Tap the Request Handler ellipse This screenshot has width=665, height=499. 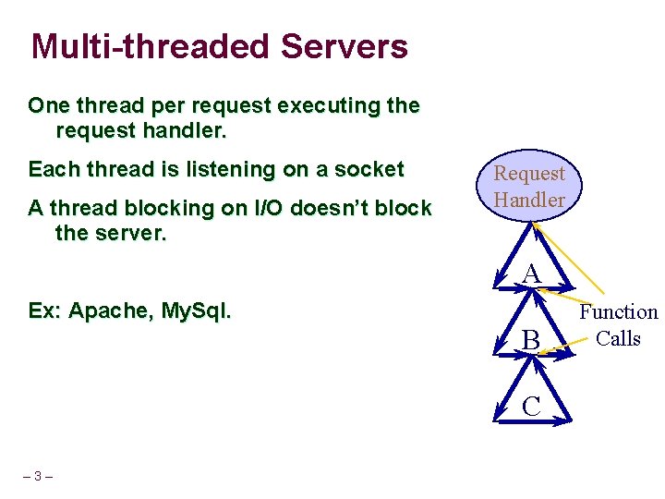pyautogui.click(x=529, y=186)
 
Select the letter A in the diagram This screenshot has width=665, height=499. pyautogui.click(x=530, y=274)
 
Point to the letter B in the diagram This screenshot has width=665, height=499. pyautogui.click(x=530, y=341)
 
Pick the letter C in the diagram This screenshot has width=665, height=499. pyautogui.click(x=531, y=406)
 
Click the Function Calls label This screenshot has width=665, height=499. pyautogui.click(x=618, y=325)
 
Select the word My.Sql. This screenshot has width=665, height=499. pyautogui.click(x=196, y=310)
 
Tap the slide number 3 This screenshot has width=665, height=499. pyautogui.click(x=37, y=477)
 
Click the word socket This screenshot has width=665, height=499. pyautogui.click(x=371, y=169)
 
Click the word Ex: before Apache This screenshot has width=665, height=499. pyautogui.click(x=45, y=310)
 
